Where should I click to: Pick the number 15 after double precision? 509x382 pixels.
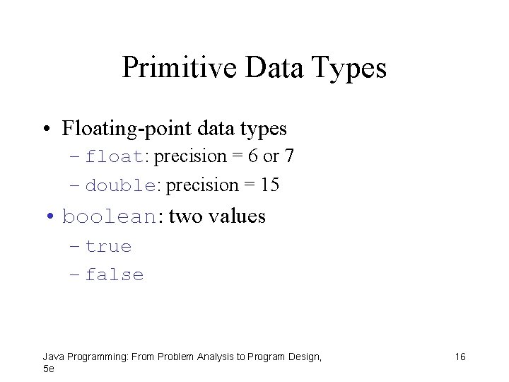pos(269,185)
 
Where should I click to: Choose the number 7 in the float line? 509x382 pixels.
pos(290,156)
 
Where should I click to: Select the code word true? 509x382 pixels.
pos(108,247)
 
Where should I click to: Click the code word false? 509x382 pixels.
pos(114,275)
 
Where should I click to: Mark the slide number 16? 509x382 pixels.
pos(460,357)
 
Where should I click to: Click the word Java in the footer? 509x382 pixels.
pos(52,357)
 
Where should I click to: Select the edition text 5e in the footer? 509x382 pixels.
pos(48,369)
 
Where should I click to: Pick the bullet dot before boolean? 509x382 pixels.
pos(51,216)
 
